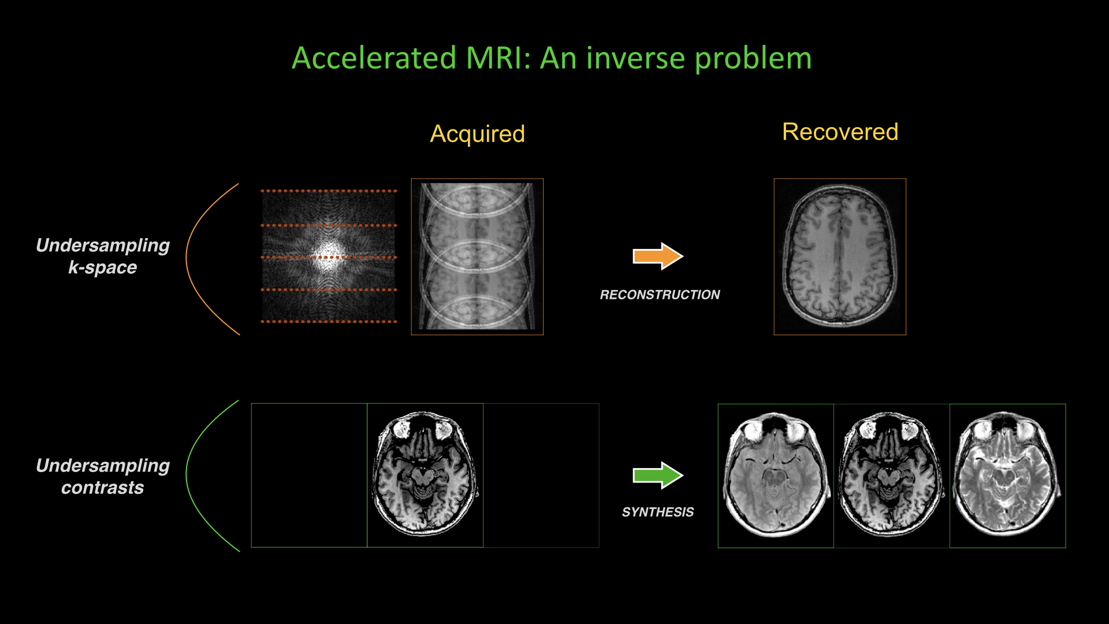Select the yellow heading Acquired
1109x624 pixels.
[x=477, y=134]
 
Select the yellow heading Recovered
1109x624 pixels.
[x=840, y=132]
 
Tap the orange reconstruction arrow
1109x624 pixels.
[x=657, y=256]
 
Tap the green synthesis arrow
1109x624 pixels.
[x=657, y=476]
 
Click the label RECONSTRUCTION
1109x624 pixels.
[x=660, y=295]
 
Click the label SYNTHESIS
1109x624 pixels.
[x=657, y=512]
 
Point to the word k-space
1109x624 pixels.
[x=103, y=268]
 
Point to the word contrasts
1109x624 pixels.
[x=103, y=488]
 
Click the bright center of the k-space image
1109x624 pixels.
[x=329, y=257]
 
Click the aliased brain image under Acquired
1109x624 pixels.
[x=477, y=257]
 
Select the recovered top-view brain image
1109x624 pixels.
[x=840, y=257]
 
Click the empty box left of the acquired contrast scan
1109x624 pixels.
[x=309, y=475]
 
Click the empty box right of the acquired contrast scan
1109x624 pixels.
[x=541, y=475]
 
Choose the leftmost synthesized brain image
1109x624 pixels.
[x=776, y=475]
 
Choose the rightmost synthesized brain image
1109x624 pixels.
[x=1007, y=475]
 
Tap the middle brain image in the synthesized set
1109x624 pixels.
[x=891, y=475]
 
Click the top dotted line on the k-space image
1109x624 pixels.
[x=329, y=191]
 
